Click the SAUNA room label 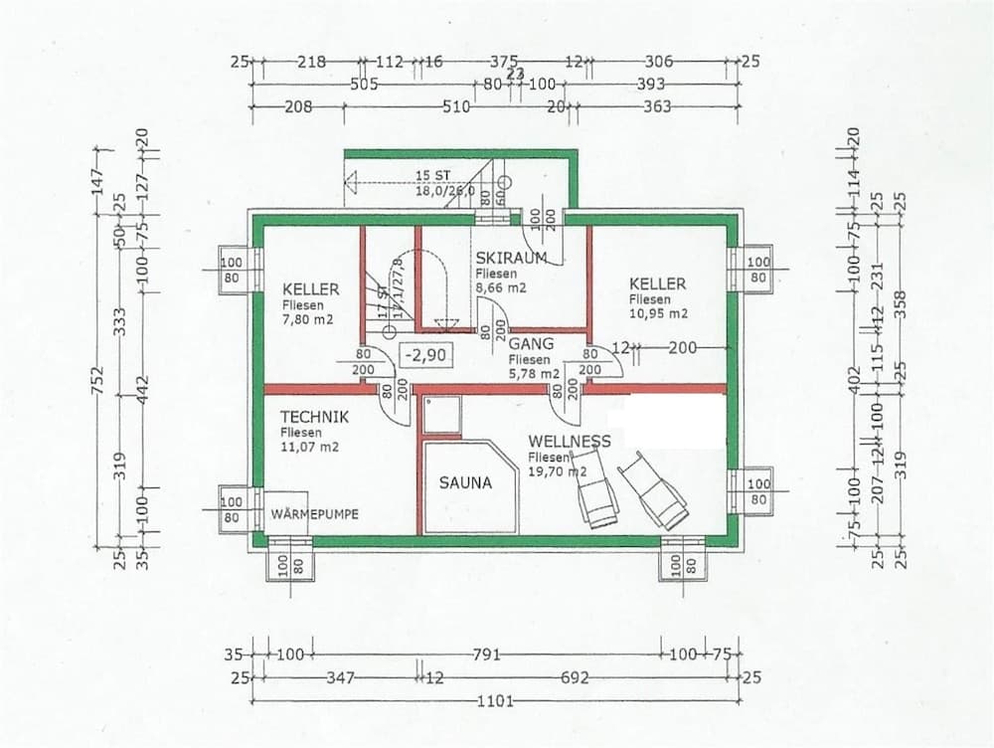[x=465, y=483]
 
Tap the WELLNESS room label [x=570, y=441]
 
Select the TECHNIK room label [x=313, y=419]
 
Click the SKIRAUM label [x=511, y=258]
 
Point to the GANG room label [x=531, y=344]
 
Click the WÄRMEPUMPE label [x=315, y=514]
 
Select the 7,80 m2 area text [x=307, y=319]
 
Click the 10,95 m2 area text [x=658, y=313]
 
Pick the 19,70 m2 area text [x=558, y=471]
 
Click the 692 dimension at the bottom [x=575, y=678]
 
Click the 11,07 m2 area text [x=309, y=447]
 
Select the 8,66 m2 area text [x=500, y=287]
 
